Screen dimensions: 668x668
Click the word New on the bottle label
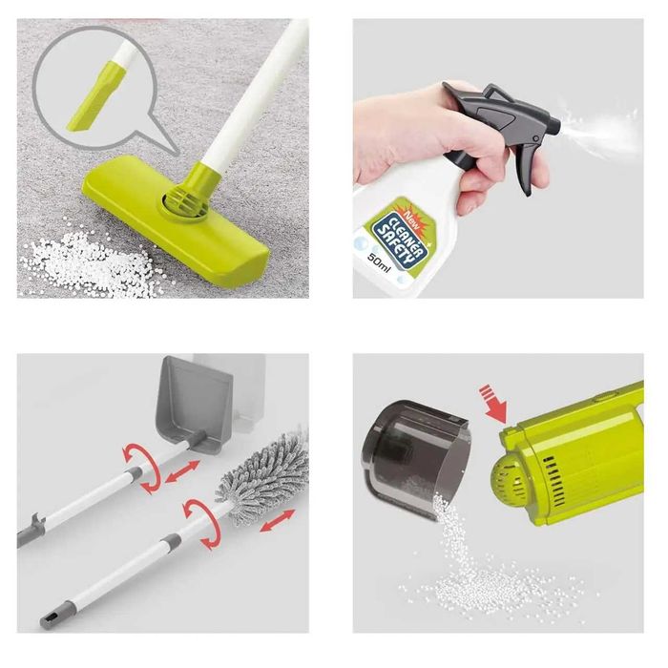point(411,216)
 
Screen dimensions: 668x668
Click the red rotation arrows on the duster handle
point(201,523)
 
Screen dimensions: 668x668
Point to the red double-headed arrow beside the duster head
point(278,521)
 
